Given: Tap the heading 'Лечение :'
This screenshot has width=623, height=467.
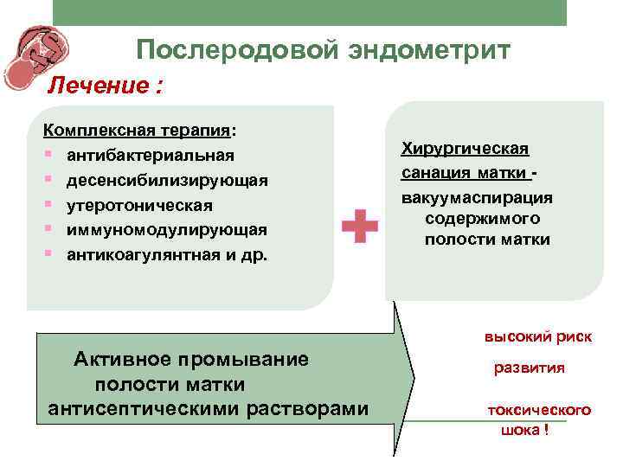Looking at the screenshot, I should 105,86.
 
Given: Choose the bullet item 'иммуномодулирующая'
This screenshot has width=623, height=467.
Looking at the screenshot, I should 167,230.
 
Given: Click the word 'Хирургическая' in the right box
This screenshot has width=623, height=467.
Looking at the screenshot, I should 465,149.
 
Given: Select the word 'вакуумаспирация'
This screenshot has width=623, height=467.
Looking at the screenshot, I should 477,197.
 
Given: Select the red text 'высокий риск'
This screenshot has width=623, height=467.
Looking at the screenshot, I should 537,337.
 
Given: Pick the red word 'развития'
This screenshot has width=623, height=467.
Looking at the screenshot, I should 529,368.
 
